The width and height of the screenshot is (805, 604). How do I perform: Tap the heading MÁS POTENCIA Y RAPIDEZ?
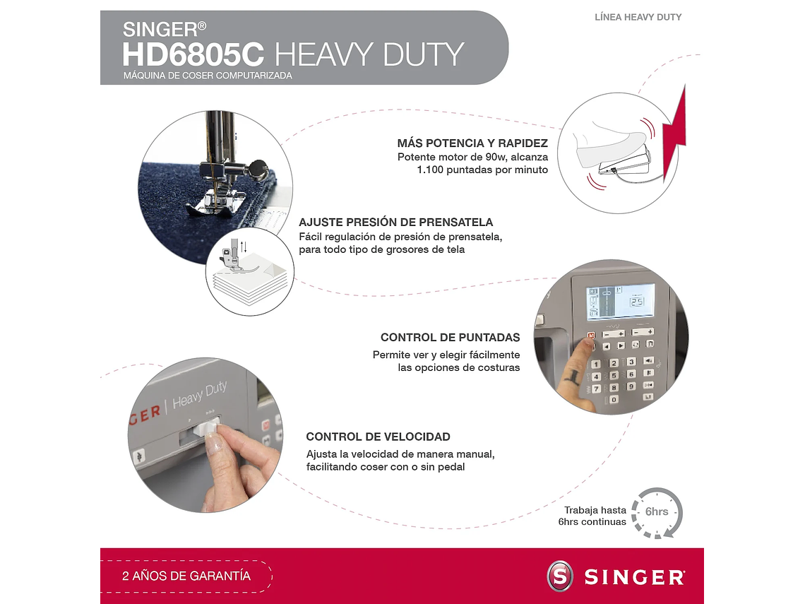[472, 143]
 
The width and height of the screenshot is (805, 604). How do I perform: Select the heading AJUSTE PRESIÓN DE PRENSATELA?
[395, 222]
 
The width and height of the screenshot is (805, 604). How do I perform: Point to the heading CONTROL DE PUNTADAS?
[450, 338]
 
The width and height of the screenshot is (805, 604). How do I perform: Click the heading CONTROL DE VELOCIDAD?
[378, 437]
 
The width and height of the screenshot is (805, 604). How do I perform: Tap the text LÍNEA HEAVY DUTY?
[638, 17]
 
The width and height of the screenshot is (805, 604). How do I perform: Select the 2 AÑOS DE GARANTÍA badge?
[186, 576]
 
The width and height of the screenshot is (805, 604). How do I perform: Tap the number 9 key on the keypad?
[631, 386]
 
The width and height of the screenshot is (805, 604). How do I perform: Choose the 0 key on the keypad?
[614, 399]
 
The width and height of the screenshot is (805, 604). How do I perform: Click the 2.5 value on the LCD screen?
[638, 302]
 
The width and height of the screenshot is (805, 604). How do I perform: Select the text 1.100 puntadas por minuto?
[482, 170]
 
